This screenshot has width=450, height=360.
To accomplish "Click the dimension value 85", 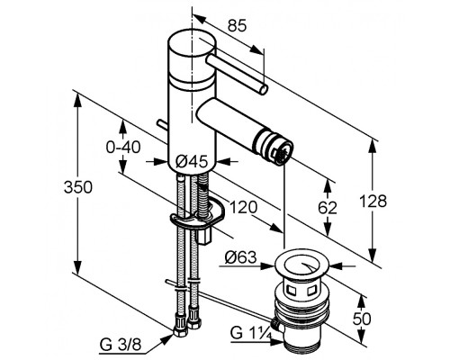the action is (x=237, y=25).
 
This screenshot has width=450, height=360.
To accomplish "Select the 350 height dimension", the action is (x=78, y=187).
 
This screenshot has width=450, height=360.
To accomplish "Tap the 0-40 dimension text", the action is (x=123, y=147).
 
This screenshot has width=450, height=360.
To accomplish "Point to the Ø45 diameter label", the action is (x=192, y=162).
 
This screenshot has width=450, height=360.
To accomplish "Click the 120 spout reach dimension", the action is (x=243, y=207).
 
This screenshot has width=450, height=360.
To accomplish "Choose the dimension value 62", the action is (x=328, y=208).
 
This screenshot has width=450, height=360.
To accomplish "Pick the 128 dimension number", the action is (x=373, y=201).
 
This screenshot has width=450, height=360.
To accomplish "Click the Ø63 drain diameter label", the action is (x=240, y=257).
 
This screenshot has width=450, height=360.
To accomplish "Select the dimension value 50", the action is (x=362, y=319).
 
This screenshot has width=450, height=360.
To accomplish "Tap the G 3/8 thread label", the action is (x=120, y=346).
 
